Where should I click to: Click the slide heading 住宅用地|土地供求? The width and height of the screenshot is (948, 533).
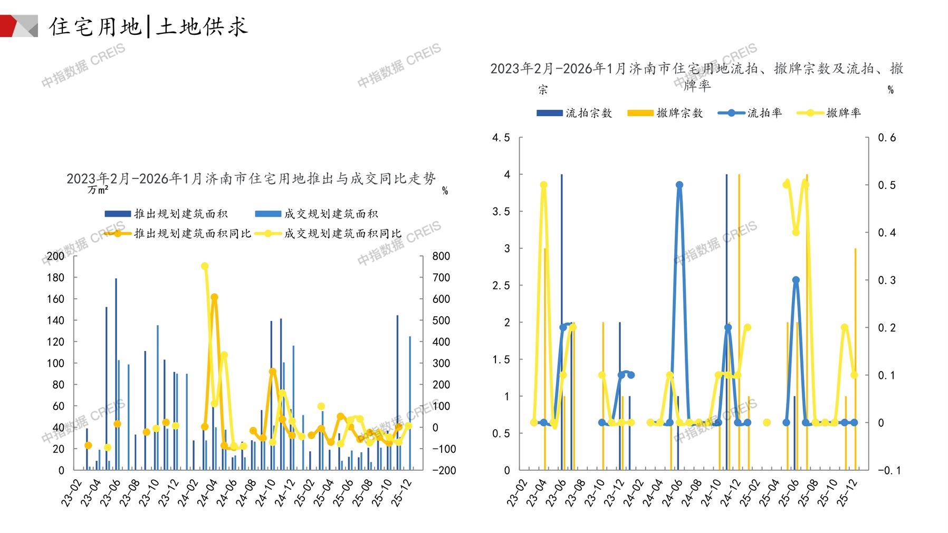pyautogui.click(x=148, y=26)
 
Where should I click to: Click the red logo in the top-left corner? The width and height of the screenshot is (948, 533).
pyautogui.click(x=19, y=26)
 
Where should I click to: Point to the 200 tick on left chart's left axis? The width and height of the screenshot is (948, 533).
pyautogui.click(x=55, y=256)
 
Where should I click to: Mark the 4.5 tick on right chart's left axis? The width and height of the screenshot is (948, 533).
pyautogui.click(x=501, y=138)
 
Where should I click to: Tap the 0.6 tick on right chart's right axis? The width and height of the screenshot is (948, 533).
pyautogui.click(x=887, y=138)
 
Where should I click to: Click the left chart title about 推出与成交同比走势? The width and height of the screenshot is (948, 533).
pyautogui.click(x=251, y=178)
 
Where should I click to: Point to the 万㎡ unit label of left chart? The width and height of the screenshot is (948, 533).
pyautogui.click(x=98, y=189)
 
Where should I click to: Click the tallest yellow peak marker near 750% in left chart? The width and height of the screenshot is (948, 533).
pyautogui.click(x=205, y=266)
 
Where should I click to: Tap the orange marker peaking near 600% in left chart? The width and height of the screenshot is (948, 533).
pyautogui.click(x=214, y=298)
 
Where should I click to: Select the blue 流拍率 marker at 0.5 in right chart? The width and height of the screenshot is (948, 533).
pyautogui.click(x=679, y=185)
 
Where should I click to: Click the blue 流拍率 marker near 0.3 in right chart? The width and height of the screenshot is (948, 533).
pyautogui.click(x=796, y=280)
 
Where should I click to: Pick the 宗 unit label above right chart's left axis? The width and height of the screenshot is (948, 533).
pyautogui.click(x=543, y=90)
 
